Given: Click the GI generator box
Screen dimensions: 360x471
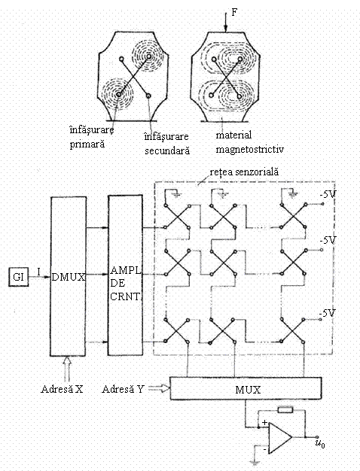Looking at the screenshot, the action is pos(18,276).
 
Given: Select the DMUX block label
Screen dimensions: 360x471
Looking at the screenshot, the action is pos(69,277).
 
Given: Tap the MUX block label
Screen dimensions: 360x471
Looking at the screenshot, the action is pos(248,390).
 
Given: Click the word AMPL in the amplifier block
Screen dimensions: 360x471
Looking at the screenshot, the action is pos(126,270).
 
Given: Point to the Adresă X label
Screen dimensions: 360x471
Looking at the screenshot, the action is pos(62,389).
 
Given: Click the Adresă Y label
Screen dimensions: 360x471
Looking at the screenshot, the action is pos(124,389).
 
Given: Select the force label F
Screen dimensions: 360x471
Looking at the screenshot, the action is pos(234,12).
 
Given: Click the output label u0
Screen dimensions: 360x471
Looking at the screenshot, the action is pos(320,443).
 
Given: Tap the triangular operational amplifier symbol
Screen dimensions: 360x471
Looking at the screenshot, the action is pos(280,438).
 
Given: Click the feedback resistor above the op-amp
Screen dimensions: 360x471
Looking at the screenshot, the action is pos(285,409).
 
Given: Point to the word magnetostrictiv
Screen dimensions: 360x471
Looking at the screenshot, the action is pos(249,149).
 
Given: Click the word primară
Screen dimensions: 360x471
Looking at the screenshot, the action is pos(87,144).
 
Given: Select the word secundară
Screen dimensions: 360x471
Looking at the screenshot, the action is pos(167,150).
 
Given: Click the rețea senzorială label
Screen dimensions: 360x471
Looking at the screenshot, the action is pos(244,172).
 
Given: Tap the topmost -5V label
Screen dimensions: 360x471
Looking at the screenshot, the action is pos(328,195).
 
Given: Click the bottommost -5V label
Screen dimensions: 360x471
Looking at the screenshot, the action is pos(327,313).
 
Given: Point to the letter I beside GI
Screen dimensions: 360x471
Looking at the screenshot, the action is pos(39,272).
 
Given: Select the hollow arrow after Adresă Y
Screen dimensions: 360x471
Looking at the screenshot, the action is pos(160,389).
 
